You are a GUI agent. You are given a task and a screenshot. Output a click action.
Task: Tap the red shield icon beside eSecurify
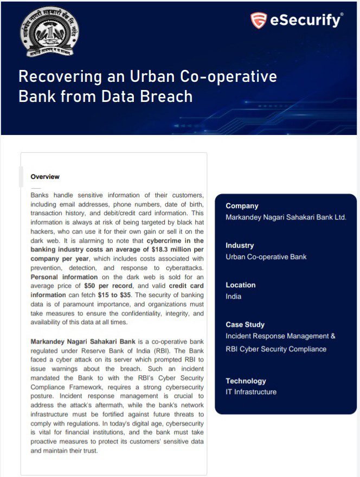click(x=258, y=21)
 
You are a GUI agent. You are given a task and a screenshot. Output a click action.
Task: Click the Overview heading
click(x=45, y=177)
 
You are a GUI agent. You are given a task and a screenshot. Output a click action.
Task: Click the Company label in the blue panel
click(x=242, y=206)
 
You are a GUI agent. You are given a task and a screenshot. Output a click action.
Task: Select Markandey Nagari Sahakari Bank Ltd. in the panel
click(x=286, y=217)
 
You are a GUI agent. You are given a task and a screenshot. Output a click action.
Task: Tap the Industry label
click(x=240, y=246)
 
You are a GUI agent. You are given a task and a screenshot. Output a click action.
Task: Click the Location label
click(x=240, y=285)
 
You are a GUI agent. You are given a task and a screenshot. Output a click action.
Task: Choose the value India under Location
click(x=234, y=296)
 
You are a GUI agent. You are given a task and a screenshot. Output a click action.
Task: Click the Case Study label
click(x=245, y=325)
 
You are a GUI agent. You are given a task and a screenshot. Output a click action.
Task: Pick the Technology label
click(x=246, y=381)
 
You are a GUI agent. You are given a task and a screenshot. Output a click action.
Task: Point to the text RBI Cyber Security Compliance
click(x=276, y=349)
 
